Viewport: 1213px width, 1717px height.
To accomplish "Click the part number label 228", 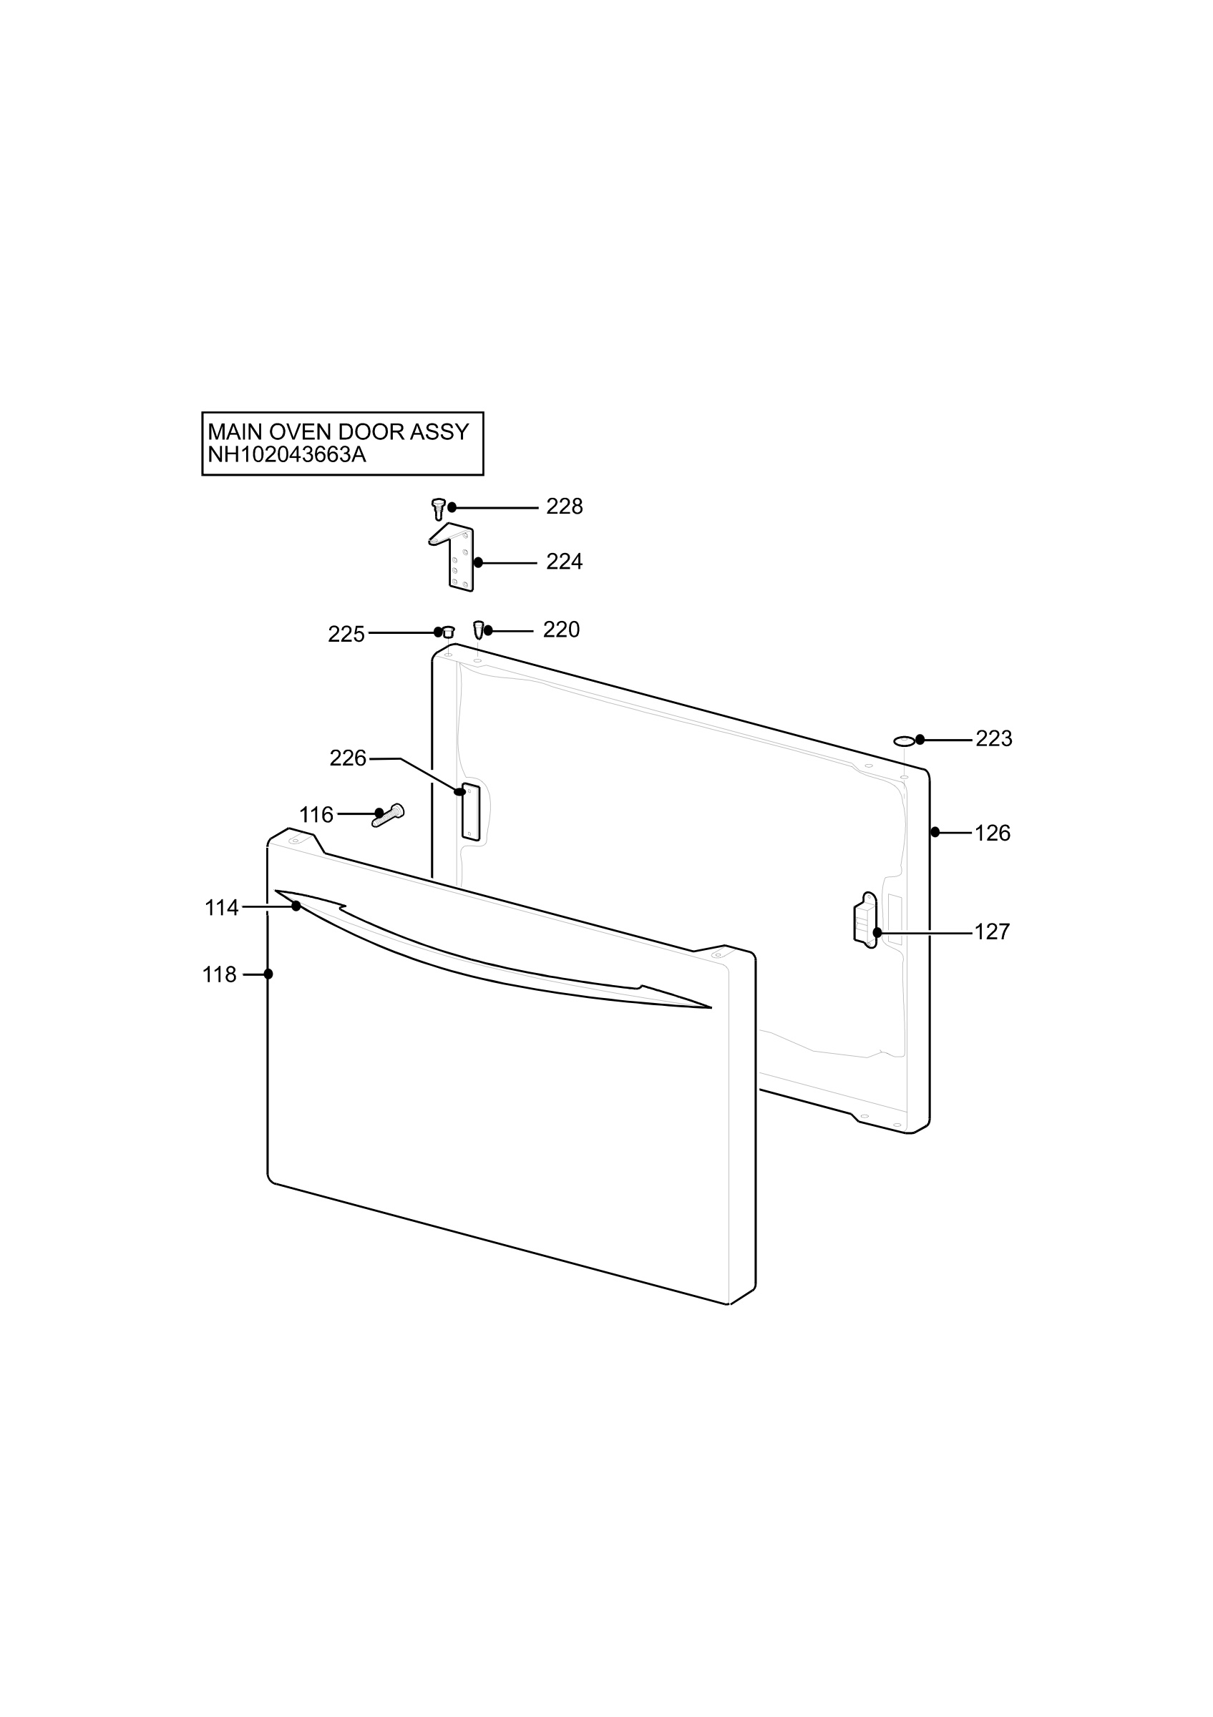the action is pos(564,507).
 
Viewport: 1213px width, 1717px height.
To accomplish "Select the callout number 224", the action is pos(564,562).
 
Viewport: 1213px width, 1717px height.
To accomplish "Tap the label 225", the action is pos(346,634).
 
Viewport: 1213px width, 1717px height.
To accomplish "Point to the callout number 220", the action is pos(561,630).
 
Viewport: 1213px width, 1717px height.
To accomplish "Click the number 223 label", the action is pos(994,739).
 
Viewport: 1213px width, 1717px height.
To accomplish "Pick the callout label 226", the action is pos(348,758).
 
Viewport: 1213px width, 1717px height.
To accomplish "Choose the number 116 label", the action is pos(316,815).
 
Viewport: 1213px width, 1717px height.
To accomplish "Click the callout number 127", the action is pos(993,931).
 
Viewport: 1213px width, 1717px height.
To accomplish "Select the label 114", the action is pos(221,908).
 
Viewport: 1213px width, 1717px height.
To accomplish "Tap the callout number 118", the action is pos(219,975).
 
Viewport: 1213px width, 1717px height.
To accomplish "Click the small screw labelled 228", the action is pos(439,509).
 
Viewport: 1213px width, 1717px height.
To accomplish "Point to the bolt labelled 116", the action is pos(388,815).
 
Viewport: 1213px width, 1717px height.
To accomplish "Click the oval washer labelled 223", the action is pos(904,740).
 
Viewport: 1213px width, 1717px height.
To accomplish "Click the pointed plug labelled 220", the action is pos(479,629).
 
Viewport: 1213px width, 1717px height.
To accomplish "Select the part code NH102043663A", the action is pos(287,455).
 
